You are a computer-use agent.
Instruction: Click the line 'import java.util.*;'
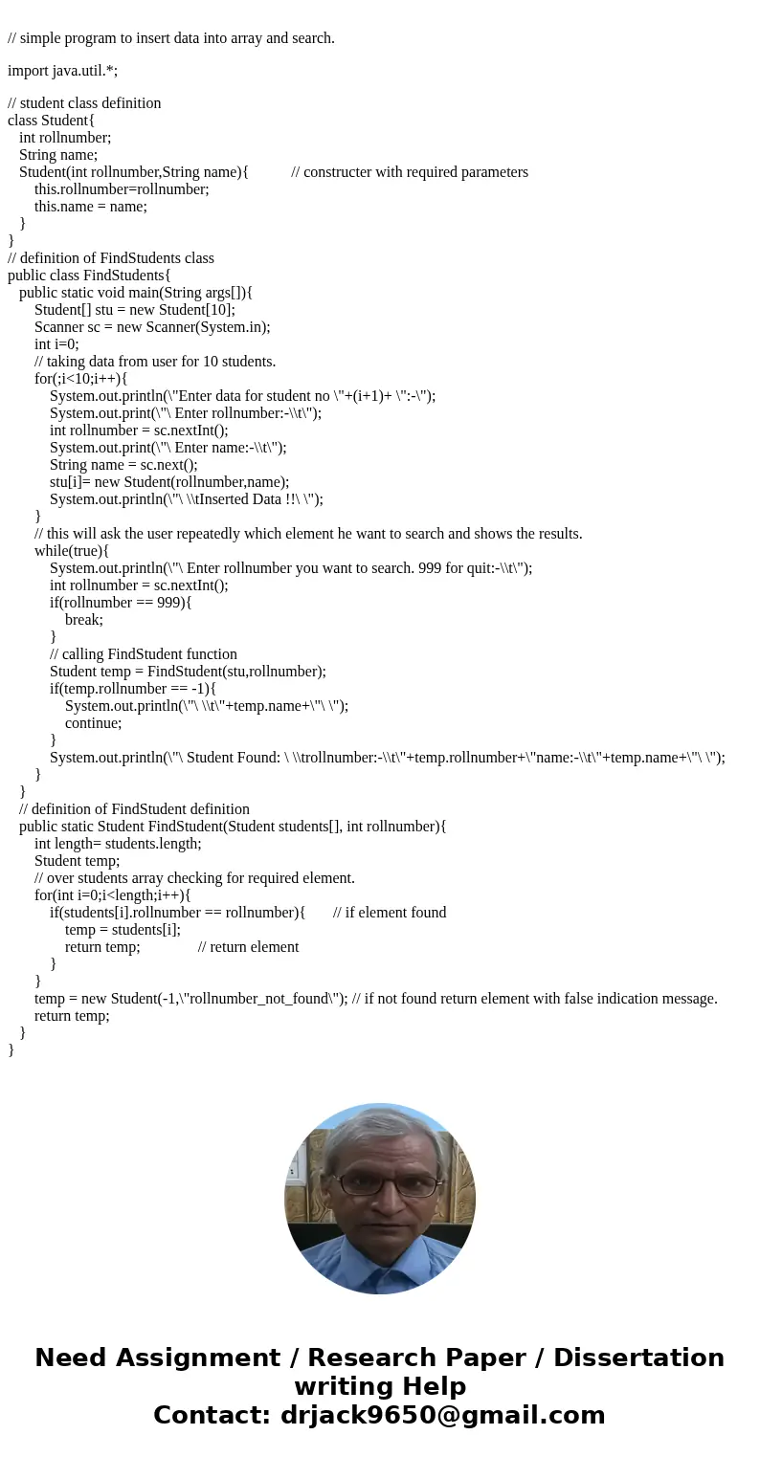pos(62,70)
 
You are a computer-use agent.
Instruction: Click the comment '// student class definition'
pos(84,103)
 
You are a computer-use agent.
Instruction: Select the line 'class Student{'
pos(51,121)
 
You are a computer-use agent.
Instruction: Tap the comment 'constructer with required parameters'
pos(410,172)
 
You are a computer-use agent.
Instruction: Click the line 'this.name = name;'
pos(91,207)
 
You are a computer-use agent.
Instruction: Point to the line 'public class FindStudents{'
pos(89,276)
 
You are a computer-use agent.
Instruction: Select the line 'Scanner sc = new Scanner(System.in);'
pos(152,327)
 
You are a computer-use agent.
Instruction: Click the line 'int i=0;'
pos(56,344)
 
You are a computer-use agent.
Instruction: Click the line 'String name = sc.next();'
pos(123,465)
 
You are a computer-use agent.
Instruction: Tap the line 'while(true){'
pos(72,551)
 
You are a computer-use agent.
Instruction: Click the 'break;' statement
pos(84,620)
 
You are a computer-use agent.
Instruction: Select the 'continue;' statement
pos(94,723)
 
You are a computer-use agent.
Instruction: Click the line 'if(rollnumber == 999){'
pos(121,603)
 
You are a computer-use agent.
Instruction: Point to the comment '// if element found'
pos(390,913)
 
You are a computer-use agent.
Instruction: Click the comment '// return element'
pos(249,947)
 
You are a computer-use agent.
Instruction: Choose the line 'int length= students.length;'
pos(118,844)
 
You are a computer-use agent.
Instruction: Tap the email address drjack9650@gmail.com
pos(443,1416)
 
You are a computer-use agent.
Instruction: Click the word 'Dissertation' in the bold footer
pos(638,1358)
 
